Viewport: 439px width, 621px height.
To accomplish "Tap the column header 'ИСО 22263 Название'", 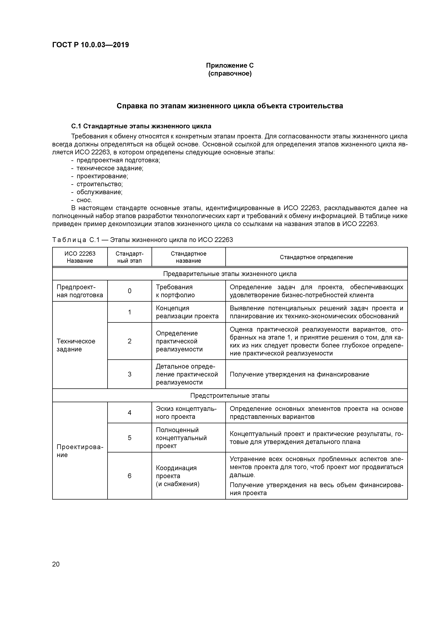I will coord(80,257).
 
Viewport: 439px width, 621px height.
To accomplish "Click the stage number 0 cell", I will coord(130,291).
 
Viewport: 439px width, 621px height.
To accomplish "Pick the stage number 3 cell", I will coord(130,374).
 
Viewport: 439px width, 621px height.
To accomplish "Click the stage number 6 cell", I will coord(130,476).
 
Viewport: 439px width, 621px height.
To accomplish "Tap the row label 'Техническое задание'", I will coord(76,345).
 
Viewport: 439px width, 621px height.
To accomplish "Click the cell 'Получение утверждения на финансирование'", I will coord(299,374).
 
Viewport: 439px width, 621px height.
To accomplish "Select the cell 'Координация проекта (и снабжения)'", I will coord(177,476).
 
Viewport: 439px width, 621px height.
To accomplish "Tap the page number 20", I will coord(56,564).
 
